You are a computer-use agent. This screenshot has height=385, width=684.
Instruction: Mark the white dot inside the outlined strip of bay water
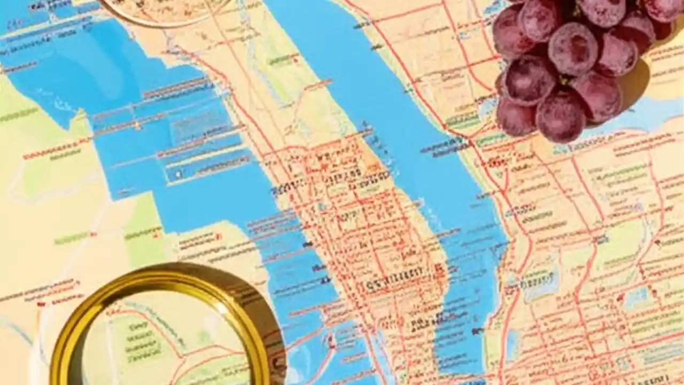[178, 174]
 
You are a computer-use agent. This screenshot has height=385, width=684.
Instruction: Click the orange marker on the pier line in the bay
[137, 126]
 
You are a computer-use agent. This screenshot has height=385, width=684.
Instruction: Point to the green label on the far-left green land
[19, 115]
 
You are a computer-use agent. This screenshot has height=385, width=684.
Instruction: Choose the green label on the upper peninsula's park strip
[283, 59]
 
